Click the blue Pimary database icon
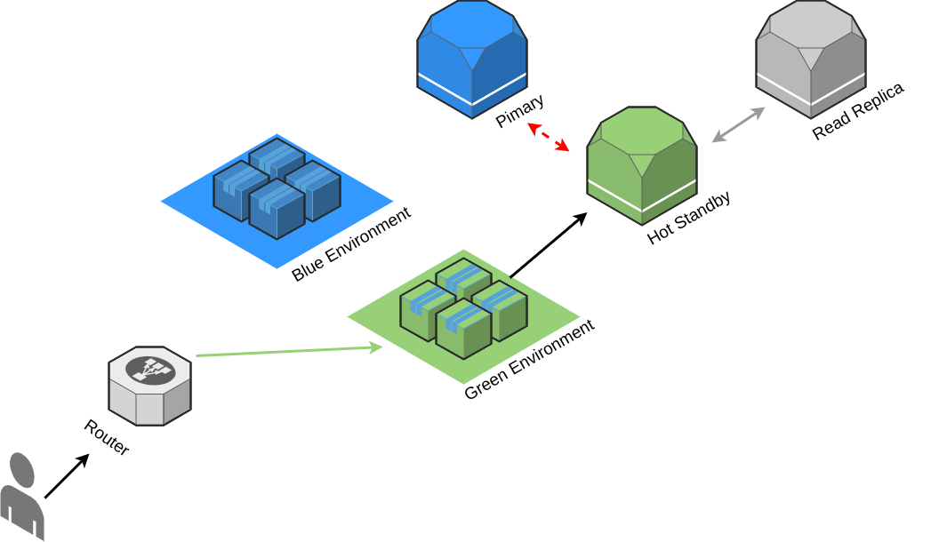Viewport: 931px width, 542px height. pyautogui.click(x=472, y=59)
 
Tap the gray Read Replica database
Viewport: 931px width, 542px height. pyautogui.click(x=810, y=59)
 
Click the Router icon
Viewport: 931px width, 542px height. pyautogui.click(x=149, y=387)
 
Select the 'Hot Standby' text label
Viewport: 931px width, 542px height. pyautogui.click(x=688, y=218)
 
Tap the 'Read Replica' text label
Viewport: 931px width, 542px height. pyautogui.click(x=857, y=112)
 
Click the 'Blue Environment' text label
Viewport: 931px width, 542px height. pyautogui.click(x=351, y=244)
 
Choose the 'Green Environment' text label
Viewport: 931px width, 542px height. pyautogui.click(x=529, y=360)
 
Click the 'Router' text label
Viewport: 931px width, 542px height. pyautogui.click(x=107, y=437)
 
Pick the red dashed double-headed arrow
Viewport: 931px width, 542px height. pyautogui.click(x=549, y=137)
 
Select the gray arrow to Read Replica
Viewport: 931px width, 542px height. pyautogui.click(x=739, y=124)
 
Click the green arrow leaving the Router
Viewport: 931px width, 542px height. pyautogui.click(x=289, y=351)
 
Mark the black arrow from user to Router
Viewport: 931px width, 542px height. pyautogui.click(x=67, y=476)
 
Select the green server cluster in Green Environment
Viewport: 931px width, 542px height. pyautogui.click(x=463, y=308)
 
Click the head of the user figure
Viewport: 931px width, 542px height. pyautogui.click(x=22, y=470)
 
